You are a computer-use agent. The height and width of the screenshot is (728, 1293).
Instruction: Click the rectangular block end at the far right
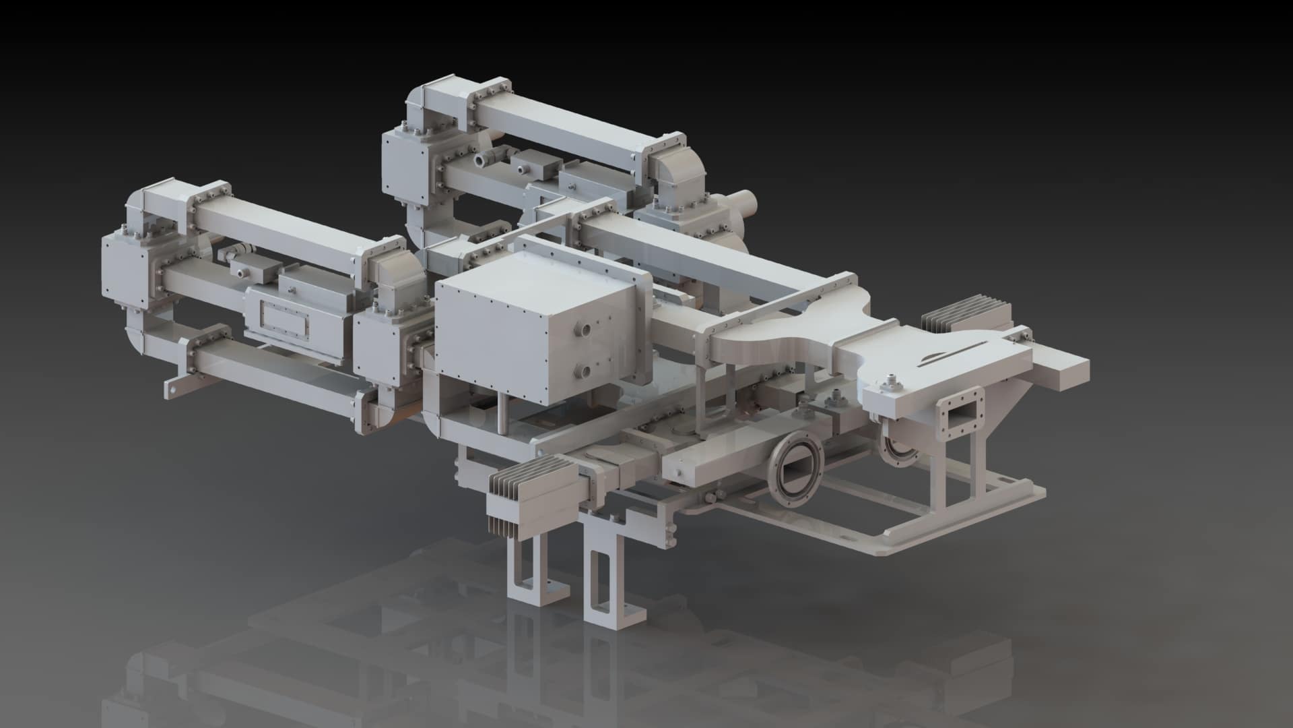point(1063,374)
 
